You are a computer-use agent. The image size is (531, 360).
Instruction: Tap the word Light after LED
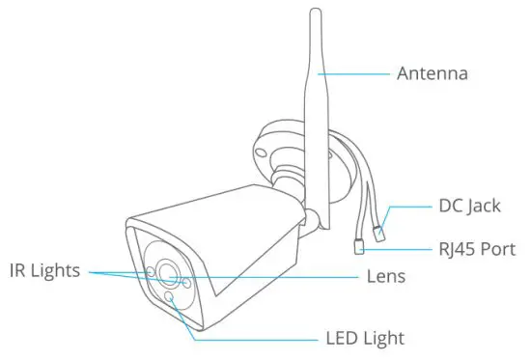(383, 339)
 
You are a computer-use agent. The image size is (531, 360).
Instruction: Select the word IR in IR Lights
(20, 271)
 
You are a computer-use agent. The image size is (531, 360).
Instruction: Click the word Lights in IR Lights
(61, 271)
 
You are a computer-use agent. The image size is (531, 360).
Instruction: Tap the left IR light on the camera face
(150, 271)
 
